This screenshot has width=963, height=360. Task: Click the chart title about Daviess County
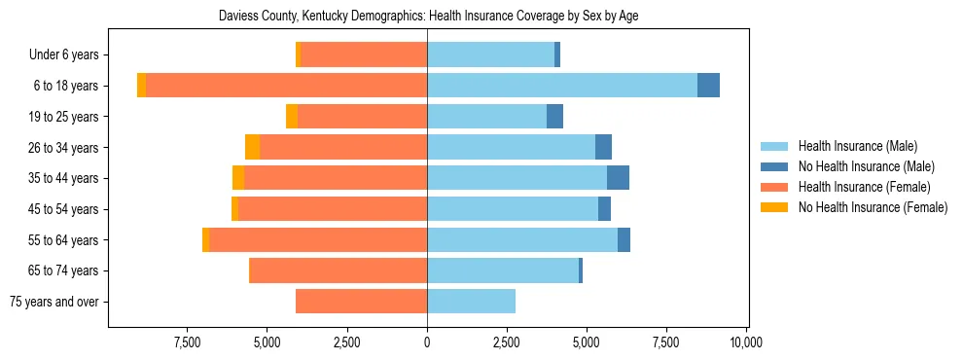point(428,17)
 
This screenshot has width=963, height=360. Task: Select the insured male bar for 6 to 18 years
point(562,86)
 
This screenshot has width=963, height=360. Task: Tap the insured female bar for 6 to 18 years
point(286,86)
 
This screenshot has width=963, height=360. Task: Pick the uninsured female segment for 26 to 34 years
point(252,147)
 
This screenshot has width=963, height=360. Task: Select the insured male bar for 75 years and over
point(471,302)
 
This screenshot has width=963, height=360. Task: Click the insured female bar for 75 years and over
point(361,302)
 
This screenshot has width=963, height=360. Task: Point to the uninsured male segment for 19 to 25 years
point(554,117)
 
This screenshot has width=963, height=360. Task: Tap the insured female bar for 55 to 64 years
point(318,239)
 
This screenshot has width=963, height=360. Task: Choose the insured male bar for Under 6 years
point(490,54)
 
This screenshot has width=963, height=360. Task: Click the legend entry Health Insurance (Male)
point(857,146)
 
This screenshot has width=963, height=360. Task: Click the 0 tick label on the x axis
point(427,342)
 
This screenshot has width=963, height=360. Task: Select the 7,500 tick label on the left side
point(187,342)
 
